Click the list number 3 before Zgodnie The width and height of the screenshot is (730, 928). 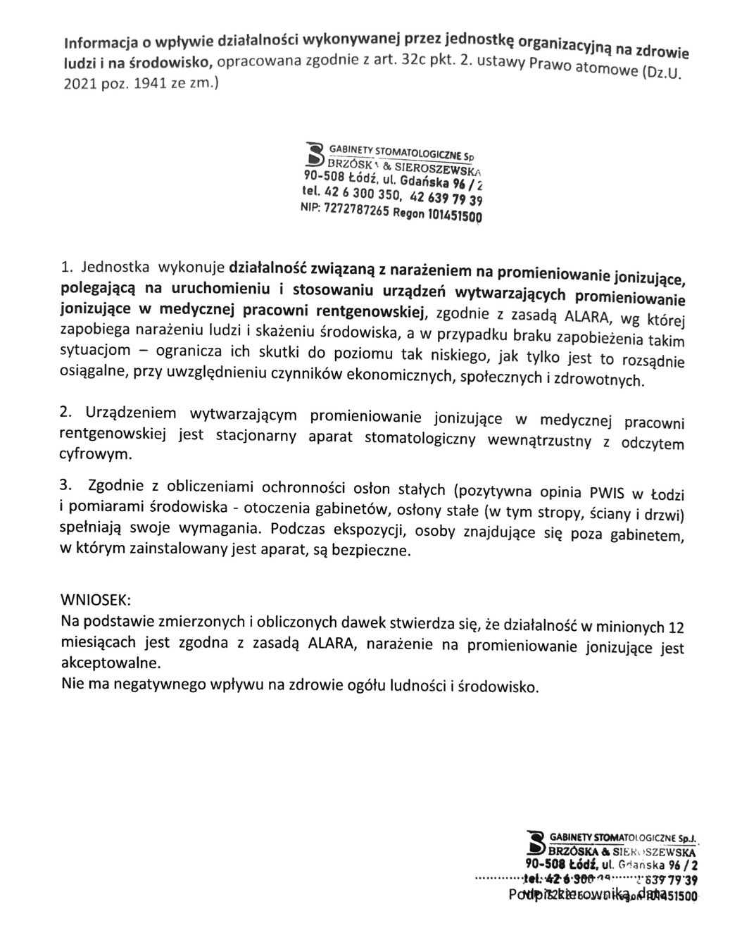[65, 484]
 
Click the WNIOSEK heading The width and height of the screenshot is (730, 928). [96, 601]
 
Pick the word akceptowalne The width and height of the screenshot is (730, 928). [111, 663]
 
